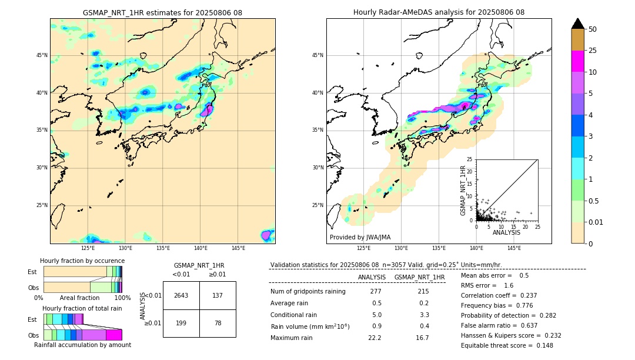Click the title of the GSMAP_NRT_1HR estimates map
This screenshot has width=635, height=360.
[162, 12]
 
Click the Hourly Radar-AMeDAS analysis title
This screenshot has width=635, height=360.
[439, 12]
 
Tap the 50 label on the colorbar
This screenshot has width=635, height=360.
[593, 29]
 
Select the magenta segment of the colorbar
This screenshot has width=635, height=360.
[578, 61]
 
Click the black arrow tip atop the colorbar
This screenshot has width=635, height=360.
[578, 23]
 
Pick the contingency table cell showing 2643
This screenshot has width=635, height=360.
[181, 295]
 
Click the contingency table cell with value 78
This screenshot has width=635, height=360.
[218, 323]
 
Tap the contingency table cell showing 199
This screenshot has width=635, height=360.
[181, 323]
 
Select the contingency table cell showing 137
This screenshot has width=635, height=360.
[218, 295]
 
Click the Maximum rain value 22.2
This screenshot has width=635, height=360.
[375, 338]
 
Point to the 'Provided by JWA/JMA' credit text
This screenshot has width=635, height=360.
[360, 237]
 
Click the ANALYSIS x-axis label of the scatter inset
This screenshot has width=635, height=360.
[506, 232]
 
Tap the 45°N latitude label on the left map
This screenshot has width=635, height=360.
[42, 55]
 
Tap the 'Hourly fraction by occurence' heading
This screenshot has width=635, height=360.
[82, 261]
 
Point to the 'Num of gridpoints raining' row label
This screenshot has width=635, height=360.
[308, 292]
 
